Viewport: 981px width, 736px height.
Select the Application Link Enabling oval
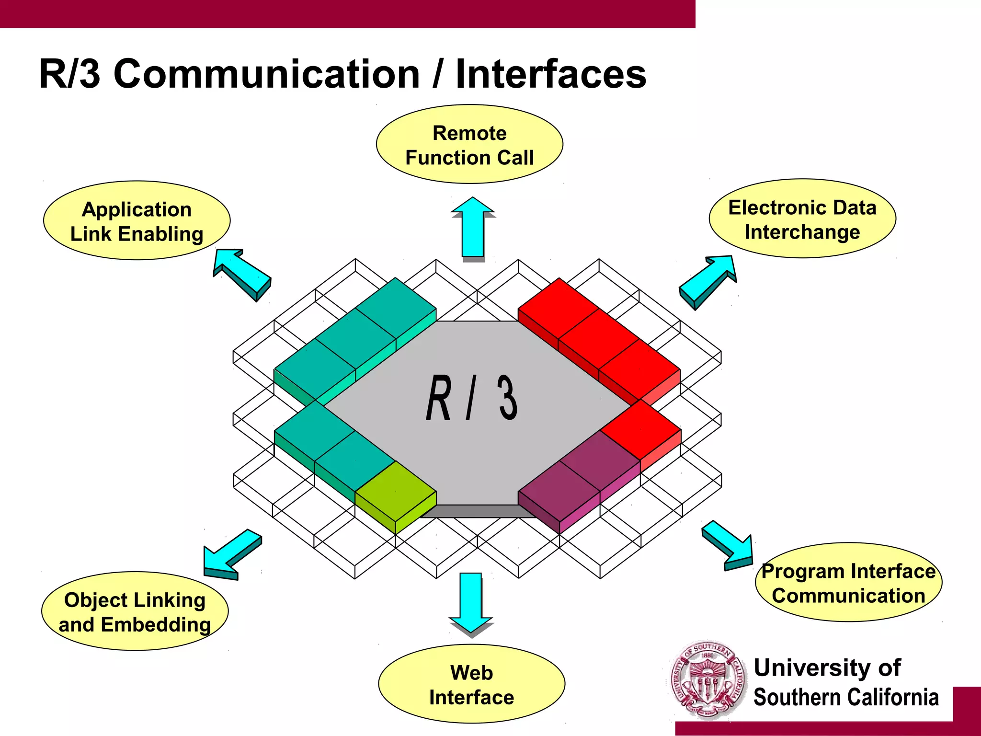tap(137, 221)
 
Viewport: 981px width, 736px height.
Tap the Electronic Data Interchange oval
tap(802, 219)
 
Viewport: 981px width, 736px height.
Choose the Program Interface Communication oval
tap(848, 583)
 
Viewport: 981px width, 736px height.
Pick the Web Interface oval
tap(471, 684)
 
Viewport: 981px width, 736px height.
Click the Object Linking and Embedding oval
tap(135, 611)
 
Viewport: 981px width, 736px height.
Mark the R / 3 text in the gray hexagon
tap(472, 398)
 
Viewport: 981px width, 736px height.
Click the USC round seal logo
tap(707, 680)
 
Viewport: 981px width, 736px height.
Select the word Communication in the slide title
tap(267, 74)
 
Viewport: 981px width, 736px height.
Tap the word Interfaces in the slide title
tap(551, 74)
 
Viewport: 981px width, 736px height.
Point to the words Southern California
tap(846, 697)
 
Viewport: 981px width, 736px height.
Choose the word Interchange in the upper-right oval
tap(802, 232)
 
